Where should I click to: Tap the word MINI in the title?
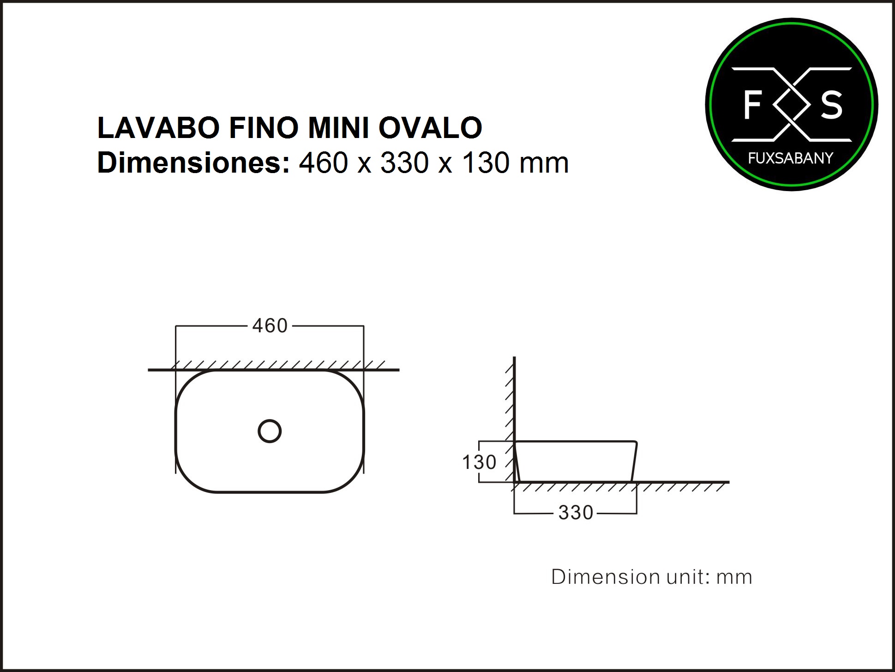pyautogui.click(x=338, y=128)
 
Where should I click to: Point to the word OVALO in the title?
pyautogui.click(x=431, y=128)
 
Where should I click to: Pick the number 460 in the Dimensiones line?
pyautogui.click(x=324, y=163)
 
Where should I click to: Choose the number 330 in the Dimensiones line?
pyautogui.click(x=405, y=163)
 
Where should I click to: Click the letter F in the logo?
pyautogui.click(x=752, y=105)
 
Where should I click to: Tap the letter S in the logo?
pyautogui.click(x=831, y=105)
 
